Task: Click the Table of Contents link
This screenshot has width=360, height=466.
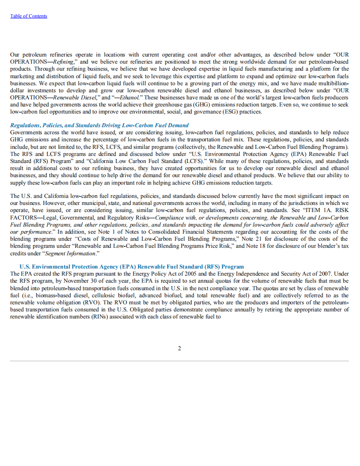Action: coord(28,16)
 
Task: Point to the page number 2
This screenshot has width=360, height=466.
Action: coord(179,348)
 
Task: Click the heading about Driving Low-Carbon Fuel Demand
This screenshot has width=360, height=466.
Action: coord(99,125)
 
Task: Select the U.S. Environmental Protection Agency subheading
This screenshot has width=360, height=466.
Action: coord(132,267)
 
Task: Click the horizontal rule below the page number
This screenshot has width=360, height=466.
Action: coord(179,361)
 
